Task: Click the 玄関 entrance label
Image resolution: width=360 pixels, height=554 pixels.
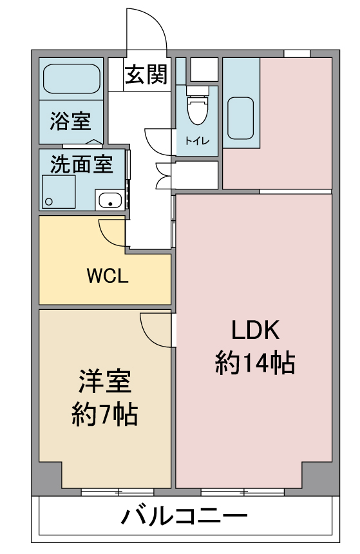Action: coord(146,75)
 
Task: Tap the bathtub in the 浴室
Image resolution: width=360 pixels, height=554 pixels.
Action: coord(71,79)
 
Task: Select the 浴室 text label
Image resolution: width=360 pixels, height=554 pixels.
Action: coord(71,121)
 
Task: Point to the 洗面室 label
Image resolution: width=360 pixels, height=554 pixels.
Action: coord(82,164)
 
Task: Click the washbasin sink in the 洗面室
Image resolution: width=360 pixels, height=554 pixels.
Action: coord(110,200)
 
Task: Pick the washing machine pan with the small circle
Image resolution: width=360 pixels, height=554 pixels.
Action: coord(59,192)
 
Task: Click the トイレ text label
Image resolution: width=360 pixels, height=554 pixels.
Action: coord(198,141)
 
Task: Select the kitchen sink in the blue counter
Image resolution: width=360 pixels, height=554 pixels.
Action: coord(240,118)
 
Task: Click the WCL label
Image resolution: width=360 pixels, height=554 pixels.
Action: coord(108,276)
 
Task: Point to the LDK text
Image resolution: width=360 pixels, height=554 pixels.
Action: coord(255,330)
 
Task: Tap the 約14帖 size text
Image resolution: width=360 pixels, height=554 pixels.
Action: coord(255,363)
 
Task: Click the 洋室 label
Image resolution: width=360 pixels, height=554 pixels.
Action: coord(104,381)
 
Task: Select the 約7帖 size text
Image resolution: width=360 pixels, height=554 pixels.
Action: coord(104,414)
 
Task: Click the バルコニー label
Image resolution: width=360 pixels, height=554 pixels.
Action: coord(184,516)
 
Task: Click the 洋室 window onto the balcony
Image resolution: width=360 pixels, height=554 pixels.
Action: coord(118,492)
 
